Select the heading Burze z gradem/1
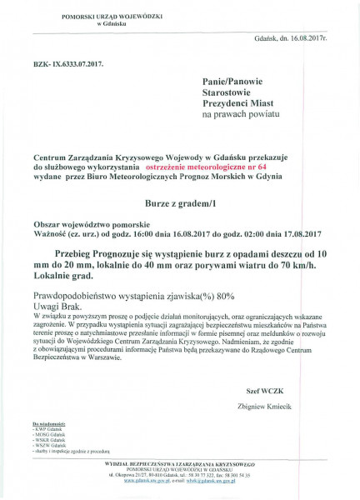(180, 202)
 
